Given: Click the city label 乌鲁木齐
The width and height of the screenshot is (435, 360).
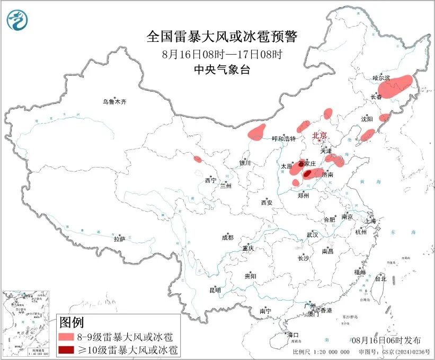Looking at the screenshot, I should coord(115,101).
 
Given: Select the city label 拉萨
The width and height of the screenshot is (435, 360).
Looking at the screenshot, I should coord(119,239).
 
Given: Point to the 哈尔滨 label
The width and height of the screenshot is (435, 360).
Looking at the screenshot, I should coord(381,78).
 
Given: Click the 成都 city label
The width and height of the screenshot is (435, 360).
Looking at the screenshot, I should coord(228,238).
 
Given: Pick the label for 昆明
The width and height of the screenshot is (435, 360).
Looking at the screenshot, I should coord(215,290).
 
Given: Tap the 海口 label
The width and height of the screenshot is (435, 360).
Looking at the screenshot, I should coord(293,335).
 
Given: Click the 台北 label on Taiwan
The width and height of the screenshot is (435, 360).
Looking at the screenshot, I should coord(380,278).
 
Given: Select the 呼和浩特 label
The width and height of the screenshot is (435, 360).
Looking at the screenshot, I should coord(283,139).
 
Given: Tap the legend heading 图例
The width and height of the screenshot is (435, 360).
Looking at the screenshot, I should coord(72,322).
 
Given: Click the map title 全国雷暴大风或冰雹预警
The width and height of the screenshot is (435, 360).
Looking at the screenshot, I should coord(222,37).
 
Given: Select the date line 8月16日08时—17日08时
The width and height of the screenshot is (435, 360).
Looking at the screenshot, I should coord(222,54).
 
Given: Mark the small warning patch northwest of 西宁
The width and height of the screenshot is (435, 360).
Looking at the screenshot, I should coord(198,159).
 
